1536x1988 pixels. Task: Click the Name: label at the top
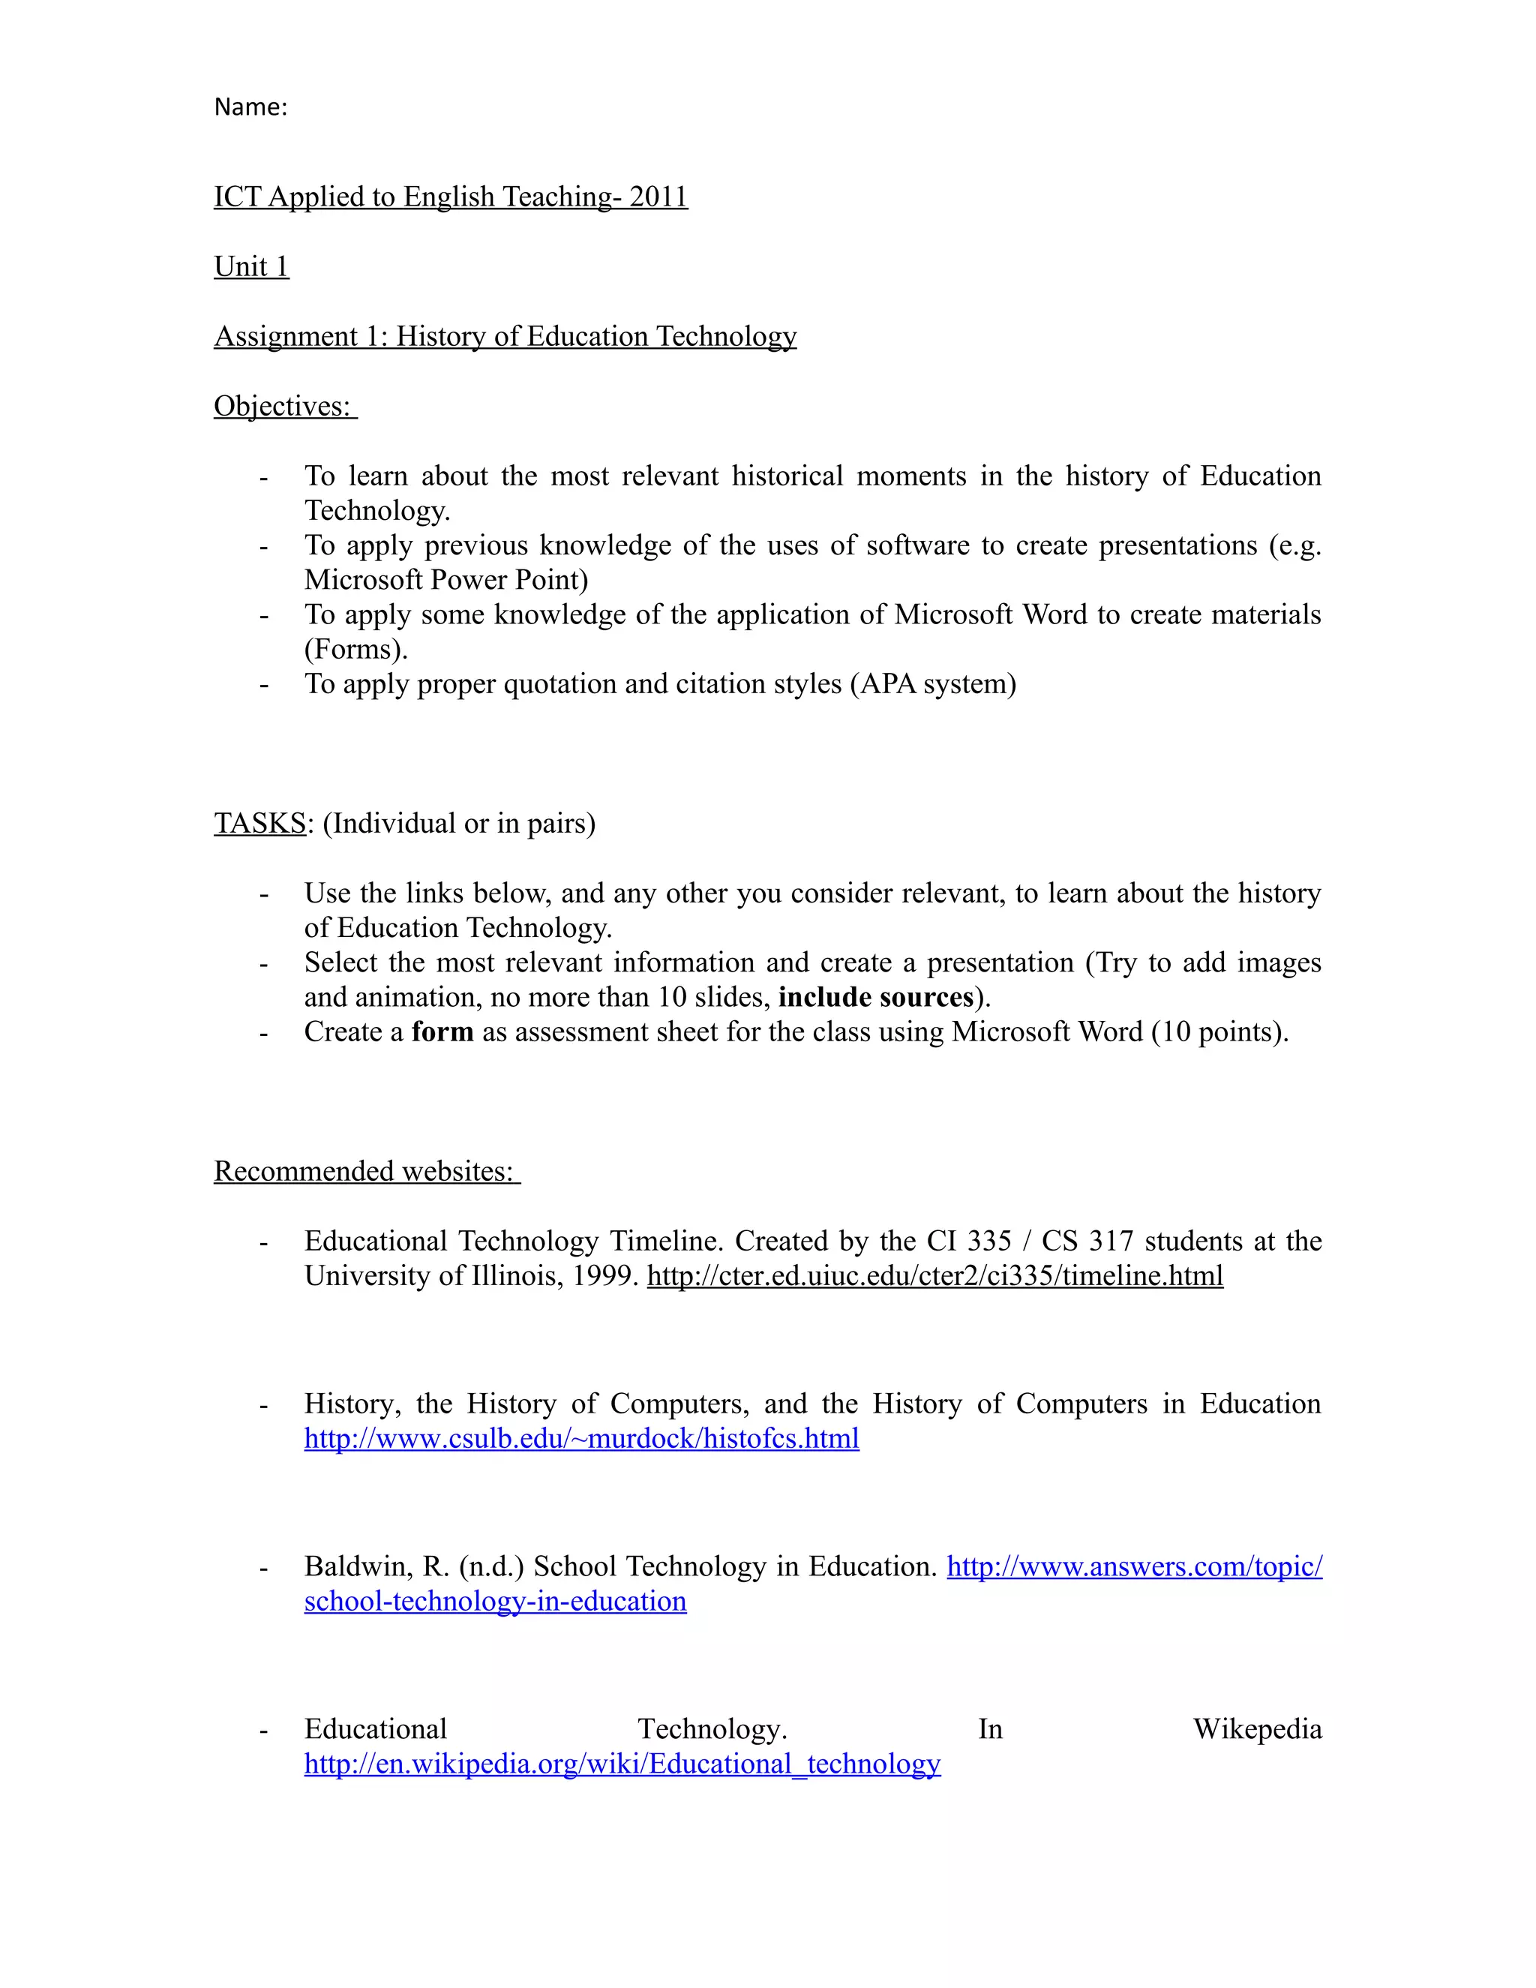(250, 107)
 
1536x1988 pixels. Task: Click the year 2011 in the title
(658, 197)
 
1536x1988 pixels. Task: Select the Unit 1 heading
(251, 267)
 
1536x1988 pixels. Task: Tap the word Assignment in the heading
(286, 337)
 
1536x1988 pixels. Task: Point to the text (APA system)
(933, 683)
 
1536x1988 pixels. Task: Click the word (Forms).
(355, 649)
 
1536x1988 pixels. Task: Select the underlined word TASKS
(259, 823)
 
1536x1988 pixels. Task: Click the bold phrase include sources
(875, 997)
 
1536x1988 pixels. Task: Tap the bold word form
(442, 1032)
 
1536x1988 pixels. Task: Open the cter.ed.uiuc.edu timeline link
(934, 1275)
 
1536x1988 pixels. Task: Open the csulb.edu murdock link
(581, 1438)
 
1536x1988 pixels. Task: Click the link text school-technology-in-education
(495, 1600)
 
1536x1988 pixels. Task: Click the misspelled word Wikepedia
(1257, 1728)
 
